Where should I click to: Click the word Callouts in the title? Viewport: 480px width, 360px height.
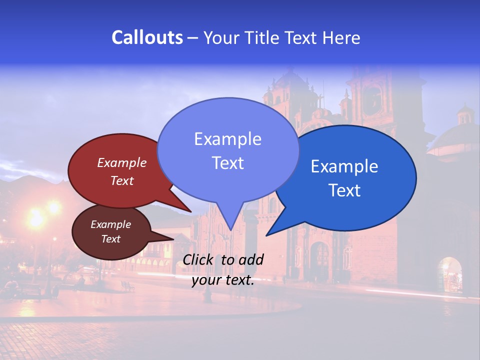point(147,38)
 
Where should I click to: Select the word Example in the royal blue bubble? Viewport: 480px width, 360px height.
point(344,166)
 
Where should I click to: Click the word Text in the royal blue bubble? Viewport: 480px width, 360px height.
point(344,190)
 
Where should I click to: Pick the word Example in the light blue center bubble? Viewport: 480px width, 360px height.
point(227,139)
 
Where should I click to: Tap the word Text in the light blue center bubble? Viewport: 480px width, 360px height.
point(227,163)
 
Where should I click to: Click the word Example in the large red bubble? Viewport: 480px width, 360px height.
point(122,163)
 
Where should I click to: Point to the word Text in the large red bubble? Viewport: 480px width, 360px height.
point(122,181)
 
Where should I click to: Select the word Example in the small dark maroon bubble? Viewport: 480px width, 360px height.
point(110,224)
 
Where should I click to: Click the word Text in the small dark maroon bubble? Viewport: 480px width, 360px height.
point(110,239)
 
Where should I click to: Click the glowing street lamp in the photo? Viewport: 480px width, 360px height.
point(36,219)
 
